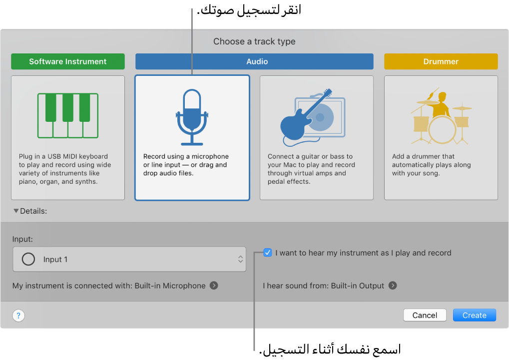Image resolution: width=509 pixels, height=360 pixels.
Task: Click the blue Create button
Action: click(474, 315)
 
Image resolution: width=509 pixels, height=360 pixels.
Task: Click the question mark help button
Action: click(18, 316)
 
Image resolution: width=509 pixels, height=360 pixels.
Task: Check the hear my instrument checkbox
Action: click(268, 253)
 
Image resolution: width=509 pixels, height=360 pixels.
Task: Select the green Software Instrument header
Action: click(68, 61)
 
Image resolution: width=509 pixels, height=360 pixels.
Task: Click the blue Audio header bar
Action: click(254, 61)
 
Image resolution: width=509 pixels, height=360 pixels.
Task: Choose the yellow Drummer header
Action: click(441, 61)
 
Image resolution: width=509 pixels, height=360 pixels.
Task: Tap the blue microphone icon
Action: click(192, 113)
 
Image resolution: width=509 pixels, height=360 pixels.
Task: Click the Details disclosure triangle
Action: click(16, 211)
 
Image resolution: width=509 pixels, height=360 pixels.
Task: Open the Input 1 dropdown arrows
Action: click(240, 259)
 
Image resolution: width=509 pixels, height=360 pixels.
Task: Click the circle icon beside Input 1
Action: click(29, 259)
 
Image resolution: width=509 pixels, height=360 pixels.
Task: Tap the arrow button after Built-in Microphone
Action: click(214, 286)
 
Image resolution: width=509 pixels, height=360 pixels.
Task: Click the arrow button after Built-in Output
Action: click(393, 286)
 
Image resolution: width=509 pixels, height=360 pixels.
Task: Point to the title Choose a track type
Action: click(254, 41)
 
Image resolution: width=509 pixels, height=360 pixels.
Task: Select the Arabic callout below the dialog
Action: click(330, 349)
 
